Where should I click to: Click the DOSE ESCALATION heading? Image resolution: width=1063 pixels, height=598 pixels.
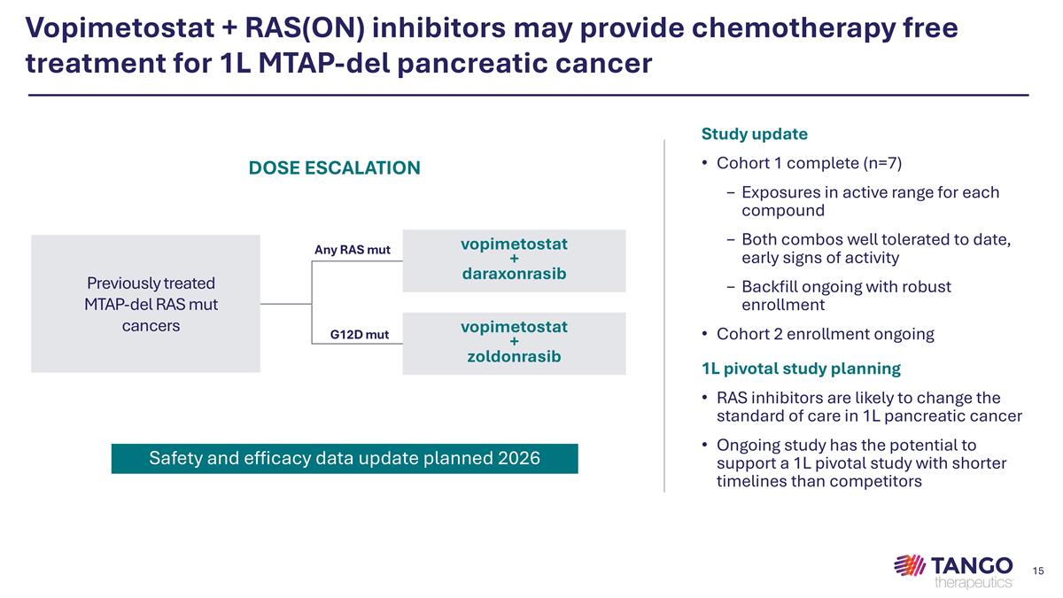[x=334, y=167]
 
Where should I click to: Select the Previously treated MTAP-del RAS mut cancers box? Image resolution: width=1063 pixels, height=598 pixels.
[x=145, y=304]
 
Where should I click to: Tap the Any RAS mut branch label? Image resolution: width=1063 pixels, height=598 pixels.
[x=352, y=250]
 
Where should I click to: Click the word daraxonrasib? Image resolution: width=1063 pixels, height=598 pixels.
[x=514, y=275]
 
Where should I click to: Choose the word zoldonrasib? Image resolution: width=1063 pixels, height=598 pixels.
[x=514, y=357]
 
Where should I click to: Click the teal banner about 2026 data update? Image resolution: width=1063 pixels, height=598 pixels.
[x=344, y=458]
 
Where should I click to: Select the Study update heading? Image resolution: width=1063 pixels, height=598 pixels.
[x=754, y=135]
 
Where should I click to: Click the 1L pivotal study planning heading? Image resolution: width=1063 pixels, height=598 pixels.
[x=801, y=369]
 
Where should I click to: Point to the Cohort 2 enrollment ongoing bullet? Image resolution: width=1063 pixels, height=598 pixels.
[x=825, y=334]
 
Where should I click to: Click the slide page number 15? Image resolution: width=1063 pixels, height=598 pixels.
[x=1039, y=569]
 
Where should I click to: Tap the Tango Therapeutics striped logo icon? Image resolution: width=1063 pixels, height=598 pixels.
[x=909, y=565]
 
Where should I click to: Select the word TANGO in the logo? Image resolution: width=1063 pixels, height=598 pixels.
[x=973, y=564]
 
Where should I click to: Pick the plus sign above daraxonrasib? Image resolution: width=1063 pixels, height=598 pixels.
[x=514, y=259]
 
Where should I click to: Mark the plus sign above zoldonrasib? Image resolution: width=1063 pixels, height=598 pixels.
[x=514, y=342]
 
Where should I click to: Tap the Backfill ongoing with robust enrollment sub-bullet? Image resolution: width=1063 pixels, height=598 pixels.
[x=846, y=296]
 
